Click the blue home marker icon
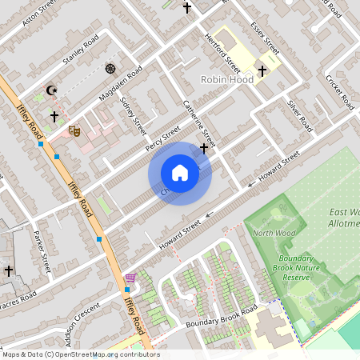[180, 173]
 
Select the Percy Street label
[163, 137]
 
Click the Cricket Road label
[339, 91]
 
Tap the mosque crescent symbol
[53, 91]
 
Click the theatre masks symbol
[75, 130]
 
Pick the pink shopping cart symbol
[130, 278]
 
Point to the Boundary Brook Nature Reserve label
[299, 267]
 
